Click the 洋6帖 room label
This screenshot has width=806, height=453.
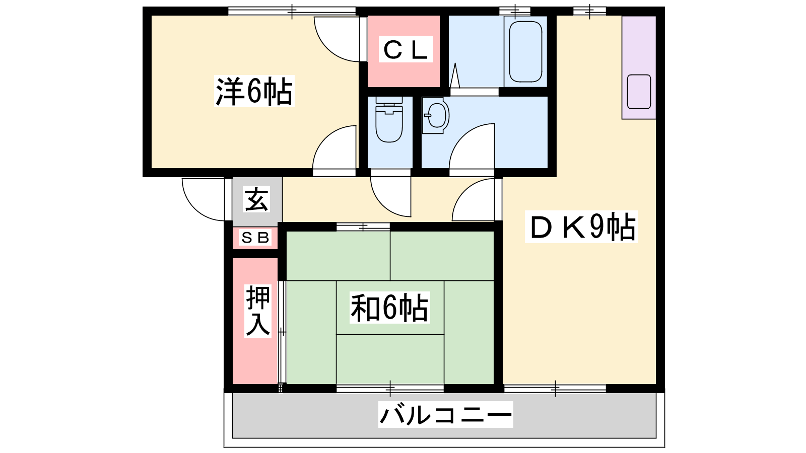(254, 91)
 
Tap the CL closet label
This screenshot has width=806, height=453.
(406, 49)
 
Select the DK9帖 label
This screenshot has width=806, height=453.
(581, 227)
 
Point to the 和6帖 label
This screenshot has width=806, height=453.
(390, 308)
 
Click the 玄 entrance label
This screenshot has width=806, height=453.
(256, 199)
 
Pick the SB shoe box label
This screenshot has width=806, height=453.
(255, 238)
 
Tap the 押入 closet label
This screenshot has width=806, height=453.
(257, 311)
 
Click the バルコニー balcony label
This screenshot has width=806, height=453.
(445, 415)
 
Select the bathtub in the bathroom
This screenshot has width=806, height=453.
(525, 52)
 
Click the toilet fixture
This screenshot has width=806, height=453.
(389, 119)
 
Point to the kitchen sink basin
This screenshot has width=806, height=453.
(639, 92)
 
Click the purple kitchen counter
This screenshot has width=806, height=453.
(639, 67)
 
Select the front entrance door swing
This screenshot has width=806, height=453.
(204, 199)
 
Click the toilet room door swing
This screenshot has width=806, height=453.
(391, 197)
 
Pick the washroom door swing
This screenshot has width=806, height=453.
(472, 146)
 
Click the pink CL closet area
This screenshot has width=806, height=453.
(404, 51)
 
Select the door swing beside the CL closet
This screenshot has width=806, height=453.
(337, 39)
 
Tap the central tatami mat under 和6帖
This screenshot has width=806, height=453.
(390, 308)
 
